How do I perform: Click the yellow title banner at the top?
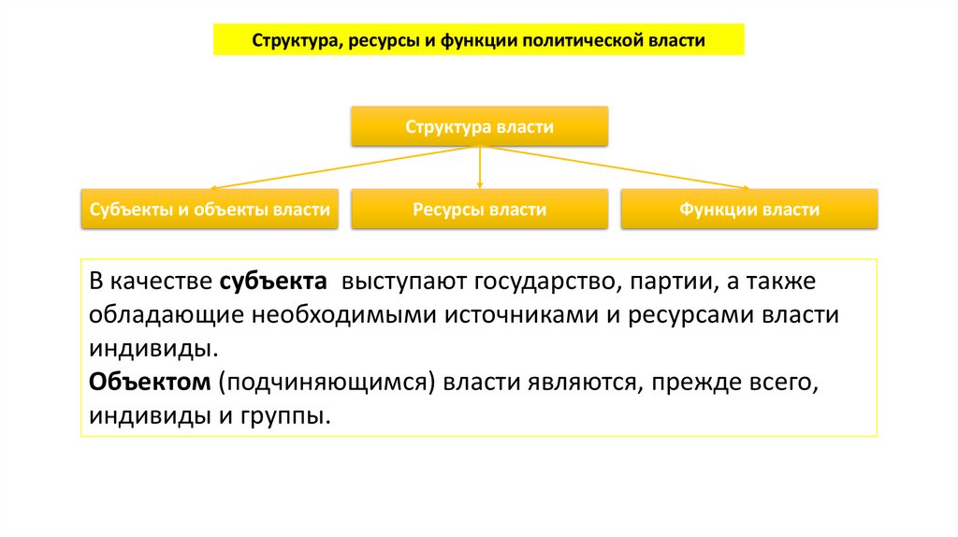tap(478, 40)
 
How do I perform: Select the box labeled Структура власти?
tap(479, 126)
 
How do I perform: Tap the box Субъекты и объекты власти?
tap(210, 210)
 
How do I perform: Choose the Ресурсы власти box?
tap(479, 210)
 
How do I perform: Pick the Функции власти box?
tap(749, 210)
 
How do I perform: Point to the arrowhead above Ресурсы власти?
tap(479, 185)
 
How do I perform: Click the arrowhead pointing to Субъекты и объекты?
tap(213, 186)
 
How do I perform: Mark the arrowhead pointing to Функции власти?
tap(746, 186)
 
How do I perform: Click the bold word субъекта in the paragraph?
tap(274, 282)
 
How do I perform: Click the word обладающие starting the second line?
tap(167, 315)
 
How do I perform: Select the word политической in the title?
tap(578, 41)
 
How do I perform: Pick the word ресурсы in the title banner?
tap(384, 41)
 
